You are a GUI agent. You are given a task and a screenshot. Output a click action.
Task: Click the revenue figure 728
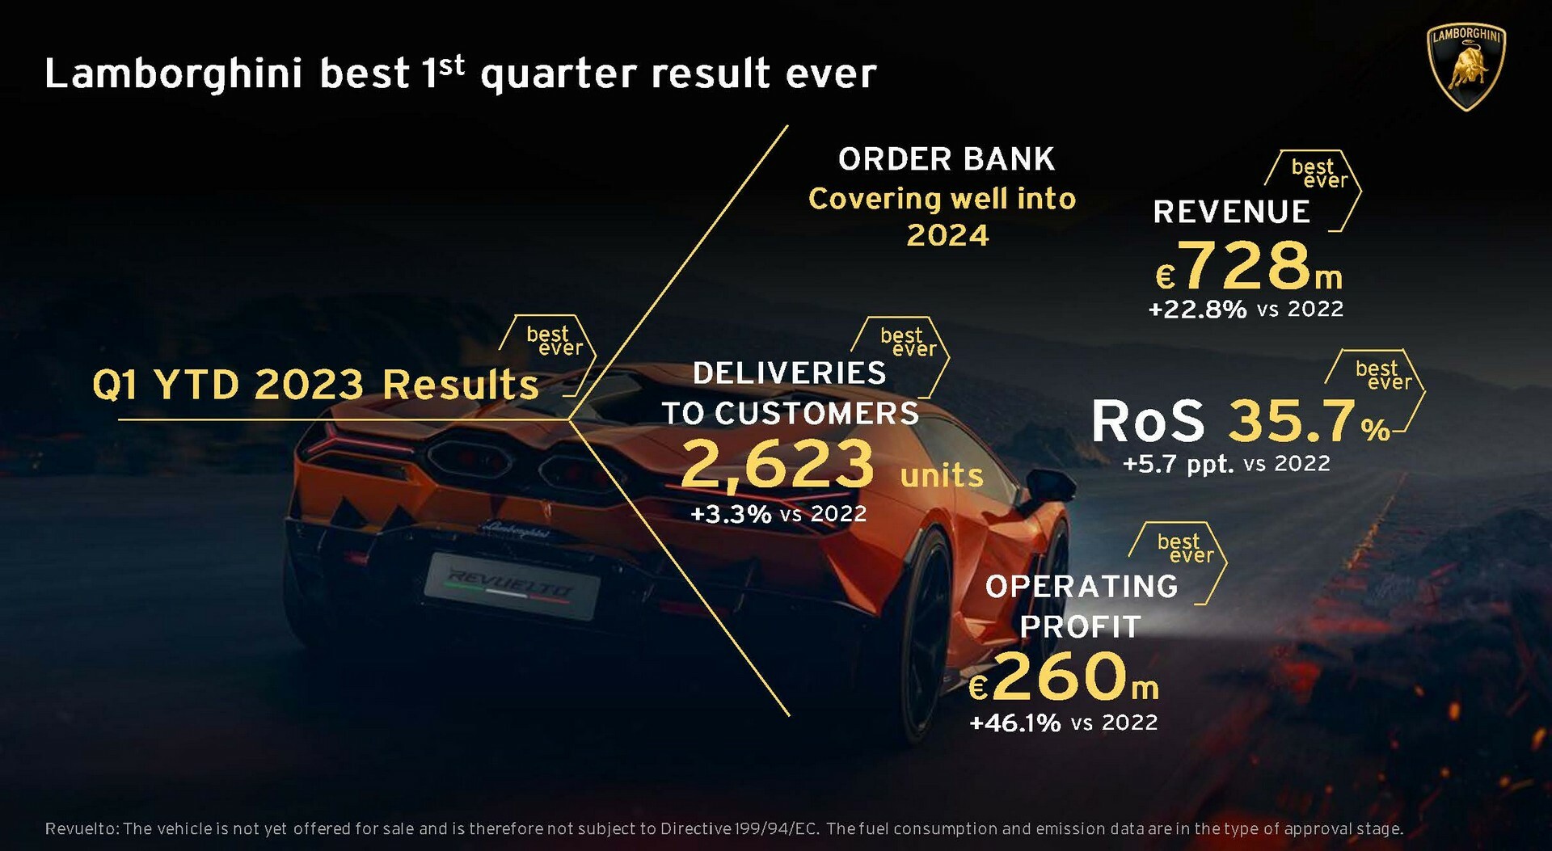[1246, 265]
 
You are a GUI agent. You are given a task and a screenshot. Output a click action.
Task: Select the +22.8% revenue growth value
[1197, 309]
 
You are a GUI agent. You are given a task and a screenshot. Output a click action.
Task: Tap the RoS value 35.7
[1293, 421]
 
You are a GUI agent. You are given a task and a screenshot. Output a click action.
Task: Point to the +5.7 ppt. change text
[1179, 464]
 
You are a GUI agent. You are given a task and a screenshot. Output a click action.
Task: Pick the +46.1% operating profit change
[1014, 723]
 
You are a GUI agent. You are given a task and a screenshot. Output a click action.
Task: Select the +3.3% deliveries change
[731, 514]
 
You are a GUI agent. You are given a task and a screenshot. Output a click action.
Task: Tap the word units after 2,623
[942, 475]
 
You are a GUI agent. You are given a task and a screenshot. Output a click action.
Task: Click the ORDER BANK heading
[947, 159]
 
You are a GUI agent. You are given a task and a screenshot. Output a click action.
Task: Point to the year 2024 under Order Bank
[947, 235]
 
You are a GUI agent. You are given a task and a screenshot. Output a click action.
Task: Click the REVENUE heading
[1231, 212]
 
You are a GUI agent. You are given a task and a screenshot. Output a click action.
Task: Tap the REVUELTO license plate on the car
[512, 585]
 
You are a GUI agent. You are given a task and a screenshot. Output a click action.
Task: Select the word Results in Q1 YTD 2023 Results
[461, 385]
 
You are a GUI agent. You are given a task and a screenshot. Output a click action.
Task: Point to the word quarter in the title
[559, 74]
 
